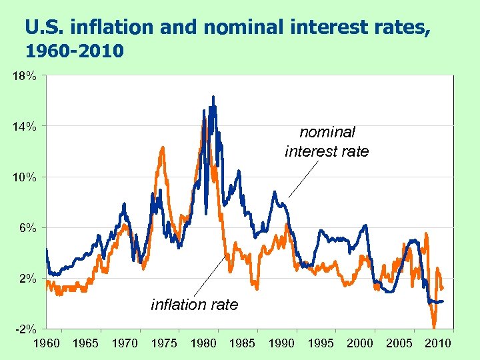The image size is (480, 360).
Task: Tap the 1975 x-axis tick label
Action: (x=164, y=343)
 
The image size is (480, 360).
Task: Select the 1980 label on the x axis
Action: (x=203, y=343)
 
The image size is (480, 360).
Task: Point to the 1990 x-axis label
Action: (x=281, y=343)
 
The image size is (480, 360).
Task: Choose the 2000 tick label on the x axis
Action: (x=360, y=343)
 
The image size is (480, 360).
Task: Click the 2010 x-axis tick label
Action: (x=438, y=343)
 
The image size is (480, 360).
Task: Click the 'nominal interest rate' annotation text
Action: (x=327, y=142)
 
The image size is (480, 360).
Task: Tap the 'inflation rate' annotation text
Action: (x=195, y=305)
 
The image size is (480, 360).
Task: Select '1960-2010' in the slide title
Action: (x=73, y=51)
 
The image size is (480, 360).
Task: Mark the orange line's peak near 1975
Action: (x=162, y=147)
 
